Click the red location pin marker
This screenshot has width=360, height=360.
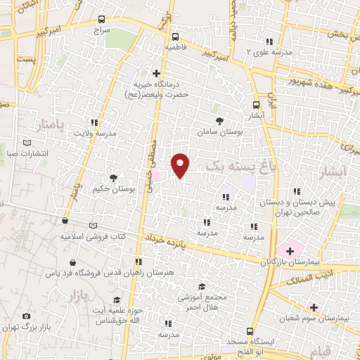pos(181,165)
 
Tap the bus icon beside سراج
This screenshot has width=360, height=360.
pos(103,20)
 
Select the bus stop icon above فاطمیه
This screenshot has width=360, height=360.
pos(175,37)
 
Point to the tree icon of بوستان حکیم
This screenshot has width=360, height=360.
pos(113,178)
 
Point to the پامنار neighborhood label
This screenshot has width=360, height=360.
pos(50,124)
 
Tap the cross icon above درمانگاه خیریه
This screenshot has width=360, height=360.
pos(156,73)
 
